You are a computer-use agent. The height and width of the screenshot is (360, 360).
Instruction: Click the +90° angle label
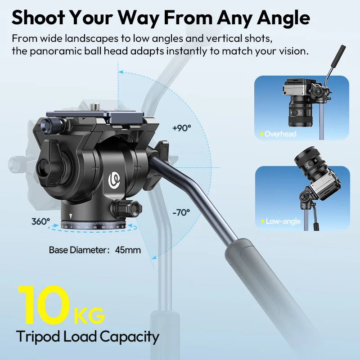182,128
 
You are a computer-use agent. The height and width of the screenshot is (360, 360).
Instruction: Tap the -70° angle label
181,212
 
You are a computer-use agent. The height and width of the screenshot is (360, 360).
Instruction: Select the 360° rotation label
40,221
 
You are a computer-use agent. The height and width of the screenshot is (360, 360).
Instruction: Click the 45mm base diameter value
128,250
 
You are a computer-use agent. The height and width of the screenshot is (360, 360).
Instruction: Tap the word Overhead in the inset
280,134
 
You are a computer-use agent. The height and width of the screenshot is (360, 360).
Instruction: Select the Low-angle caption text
283,221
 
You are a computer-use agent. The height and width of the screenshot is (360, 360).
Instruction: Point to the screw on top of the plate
94,107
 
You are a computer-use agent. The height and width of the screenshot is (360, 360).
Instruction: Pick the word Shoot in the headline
38,18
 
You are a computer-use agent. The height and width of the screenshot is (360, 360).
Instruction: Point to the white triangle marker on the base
71,216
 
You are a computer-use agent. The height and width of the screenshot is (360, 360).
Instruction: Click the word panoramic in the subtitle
55,51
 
